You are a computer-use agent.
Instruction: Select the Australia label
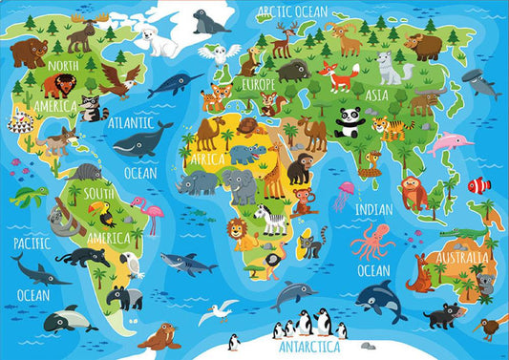pos(462,257)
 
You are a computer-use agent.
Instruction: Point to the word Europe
pos(257,85)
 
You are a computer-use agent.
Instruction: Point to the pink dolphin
pos(449,143)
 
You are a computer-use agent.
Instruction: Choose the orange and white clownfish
pos(477,185)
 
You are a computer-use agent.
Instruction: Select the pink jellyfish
pos(344,195)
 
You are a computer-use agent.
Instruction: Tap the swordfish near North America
pos(176,83)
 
